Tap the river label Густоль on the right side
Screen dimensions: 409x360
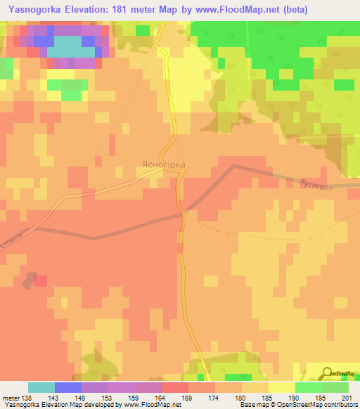click(310, 183)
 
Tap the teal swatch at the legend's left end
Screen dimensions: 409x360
click(41, 387)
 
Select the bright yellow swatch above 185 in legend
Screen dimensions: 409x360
click(281, 387)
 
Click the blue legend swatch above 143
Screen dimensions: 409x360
click(67, 387)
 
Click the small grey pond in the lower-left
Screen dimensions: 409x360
click(27, 280)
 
